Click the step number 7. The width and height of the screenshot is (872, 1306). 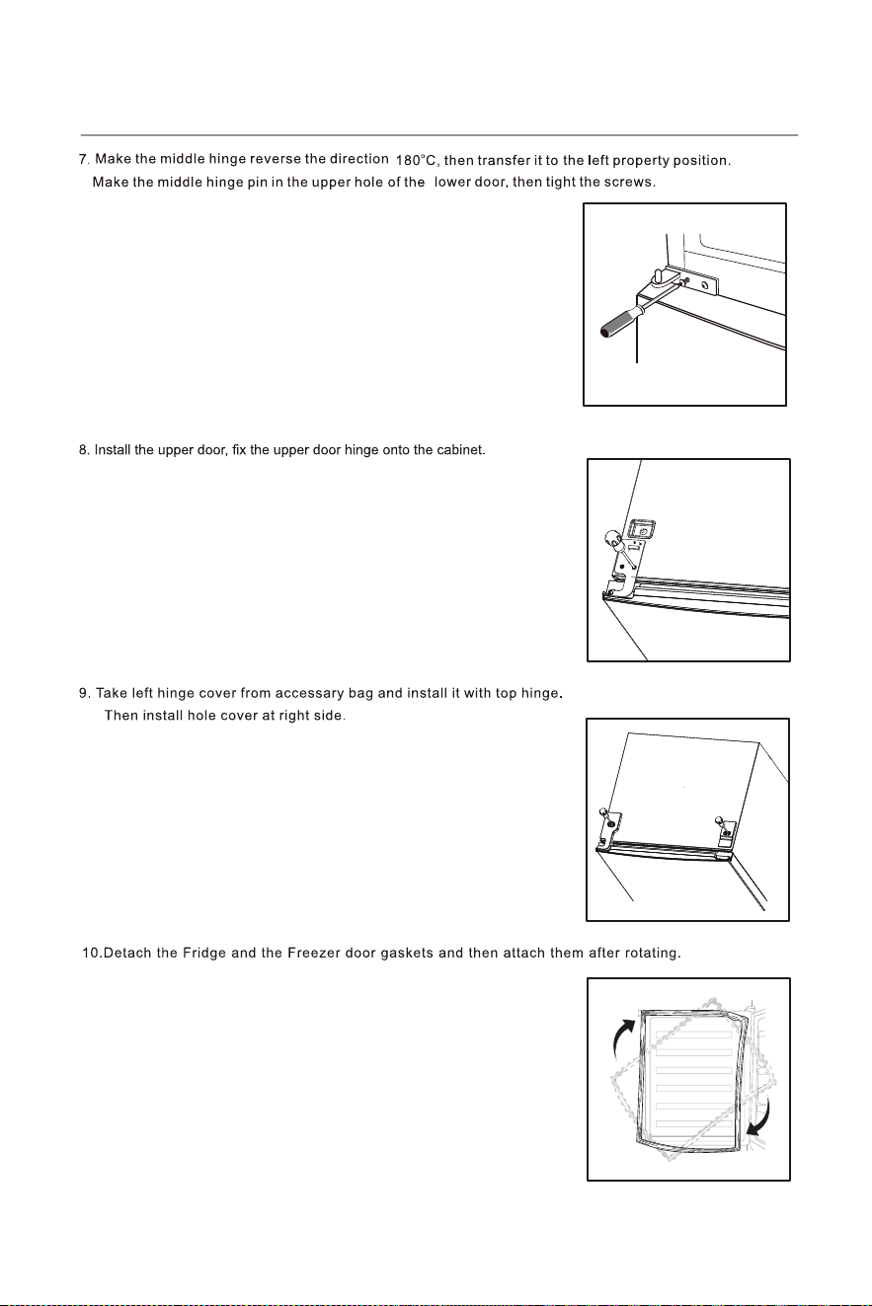pos(84,159)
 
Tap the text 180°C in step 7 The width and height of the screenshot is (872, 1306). pos(416,160)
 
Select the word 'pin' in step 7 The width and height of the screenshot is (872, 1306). pos(257,183)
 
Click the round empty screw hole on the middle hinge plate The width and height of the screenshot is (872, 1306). pos(704,286)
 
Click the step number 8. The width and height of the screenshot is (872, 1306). pos(85,451)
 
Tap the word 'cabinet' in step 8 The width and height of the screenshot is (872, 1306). pos(461,451)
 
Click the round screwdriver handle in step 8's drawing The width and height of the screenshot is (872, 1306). pos(612,538)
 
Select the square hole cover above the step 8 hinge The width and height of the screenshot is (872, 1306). pos(643,530)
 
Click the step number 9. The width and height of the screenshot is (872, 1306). pos(85,694)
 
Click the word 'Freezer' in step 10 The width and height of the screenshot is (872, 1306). pos(313,954)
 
